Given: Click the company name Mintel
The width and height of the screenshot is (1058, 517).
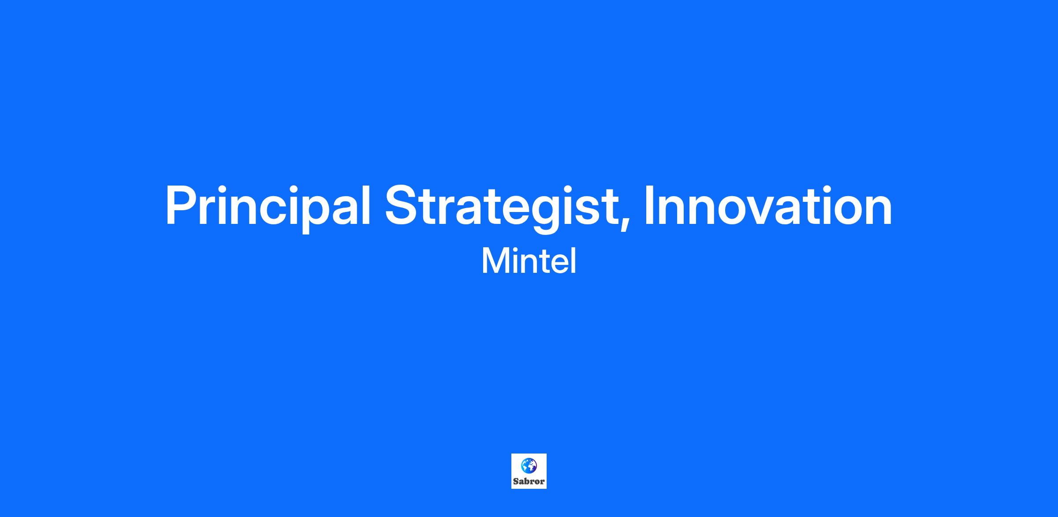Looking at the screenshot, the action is (529, 261).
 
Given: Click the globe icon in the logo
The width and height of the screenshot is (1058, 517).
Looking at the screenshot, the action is (529, 465).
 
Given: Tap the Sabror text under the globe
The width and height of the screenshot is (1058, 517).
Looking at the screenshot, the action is (529, 481).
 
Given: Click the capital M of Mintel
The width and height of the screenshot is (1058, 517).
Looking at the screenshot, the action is (495, 262).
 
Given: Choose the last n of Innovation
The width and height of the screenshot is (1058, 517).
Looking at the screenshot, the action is (879, 210).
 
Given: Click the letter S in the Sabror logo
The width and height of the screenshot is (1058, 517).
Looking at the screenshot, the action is (516, 481).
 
